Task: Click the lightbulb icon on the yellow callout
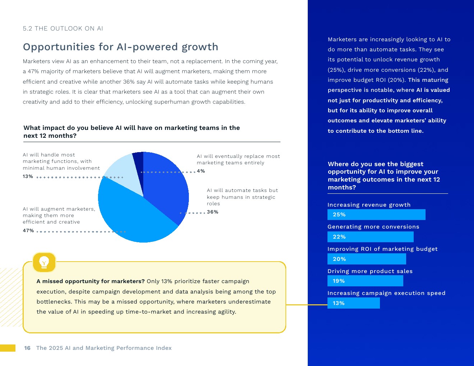point(44,262)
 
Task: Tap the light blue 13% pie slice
point(124,170)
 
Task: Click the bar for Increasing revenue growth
point(376,215)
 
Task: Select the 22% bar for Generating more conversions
point(370,237)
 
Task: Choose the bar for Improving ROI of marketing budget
point(367,259)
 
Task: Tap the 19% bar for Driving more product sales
point(365,281)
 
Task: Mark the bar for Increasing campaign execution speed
point(353,303)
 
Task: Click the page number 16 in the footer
point(27,348)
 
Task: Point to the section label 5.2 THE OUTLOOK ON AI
point(63,29)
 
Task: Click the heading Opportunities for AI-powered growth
point(121,47)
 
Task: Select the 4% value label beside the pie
point(201,171)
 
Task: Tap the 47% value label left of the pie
point(28,231)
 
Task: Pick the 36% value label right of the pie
point(213,212)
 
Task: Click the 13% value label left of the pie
point(28,177)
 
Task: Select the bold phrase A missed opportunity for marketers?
point(90,281)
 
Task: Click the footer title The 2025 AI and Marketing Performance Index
point(104,348)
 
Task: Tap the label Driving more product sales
point(370,271)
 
